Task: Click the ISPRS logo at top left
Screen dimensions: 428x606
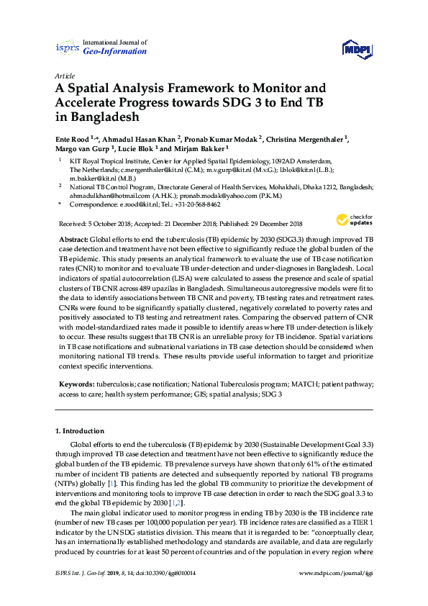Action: [67, 48]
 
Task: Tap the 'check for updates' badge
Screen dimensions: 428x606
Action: [353, 220]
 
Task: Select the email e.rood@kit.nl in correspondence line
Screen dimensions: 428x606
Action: [139, 204]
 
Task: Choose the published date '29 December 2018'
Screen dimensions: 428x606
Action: [273, 223]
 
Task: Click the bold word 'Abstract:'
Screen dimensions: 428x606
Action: [73, 238]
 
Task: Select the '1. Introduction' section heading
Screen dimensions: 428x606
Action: [80, 430]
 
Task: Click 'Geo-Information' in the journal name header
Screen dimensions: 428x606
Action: [115, 52]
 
